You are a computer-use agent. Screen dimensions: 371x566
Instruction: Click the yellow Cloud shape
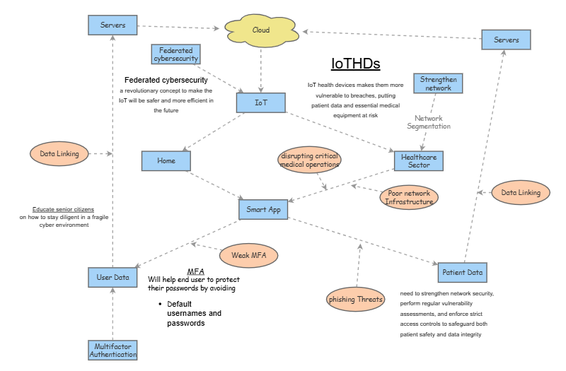point(261,30)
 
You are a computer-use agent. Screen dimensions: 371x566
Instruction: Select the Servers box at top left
point(112,25)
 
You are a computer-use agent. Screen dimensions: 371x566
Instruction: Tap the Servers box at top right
point(506,40)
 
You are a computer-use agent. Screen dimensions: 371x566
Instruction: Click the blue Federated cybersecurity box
point(176,54)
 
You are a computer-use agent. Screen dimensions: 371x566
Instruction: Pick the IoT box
point(261,103)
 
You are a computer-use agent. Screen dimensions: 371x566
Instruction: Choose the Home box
point(166,160)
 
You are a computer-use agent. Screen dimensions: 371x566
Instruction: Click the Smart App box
point(262,209)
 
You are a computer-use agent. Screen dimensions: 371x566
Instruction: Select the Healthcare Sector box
point(419,160)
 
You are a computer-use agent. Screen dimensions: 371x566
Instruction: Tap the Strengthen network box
point(438,83)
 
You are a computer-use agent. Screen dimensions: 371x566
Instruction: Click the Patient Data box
point(462,272)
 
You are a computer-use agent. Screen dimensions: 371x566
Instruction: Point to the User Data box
point(112,277)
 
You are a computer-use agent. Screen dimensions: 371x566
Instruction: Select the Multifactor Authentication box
point(112,350)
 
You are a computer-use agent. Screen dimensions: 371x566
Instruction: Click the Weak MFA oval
point(248,254)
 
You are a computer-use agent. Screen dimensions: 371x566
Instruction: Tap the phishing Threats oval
point(356,299)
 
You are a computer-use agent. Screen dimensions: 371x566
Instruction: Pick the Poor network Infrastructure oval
point(409,197)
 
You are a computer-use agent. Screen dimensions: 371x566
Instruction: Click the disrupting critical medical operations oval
point(309,160)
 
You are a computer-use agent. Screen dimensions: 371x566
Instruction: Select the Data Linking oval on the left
point(59,153)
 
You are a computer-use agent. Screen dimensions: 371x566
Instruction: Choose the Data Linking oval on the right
point(520,192)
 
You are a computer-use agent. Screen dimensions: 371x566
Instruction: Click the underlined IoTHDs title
point(356,64)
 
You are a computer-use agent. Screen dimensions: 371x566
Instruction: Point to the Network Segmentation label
point(429,122)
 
